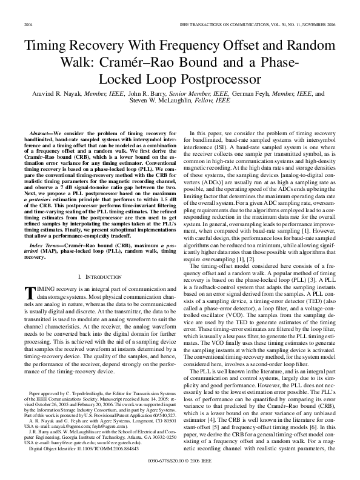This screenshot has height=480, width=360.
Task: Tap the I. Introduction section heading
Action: coord(96,276)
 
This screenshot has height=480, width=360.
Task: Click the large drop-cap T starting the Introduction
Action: coord(26,293)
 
